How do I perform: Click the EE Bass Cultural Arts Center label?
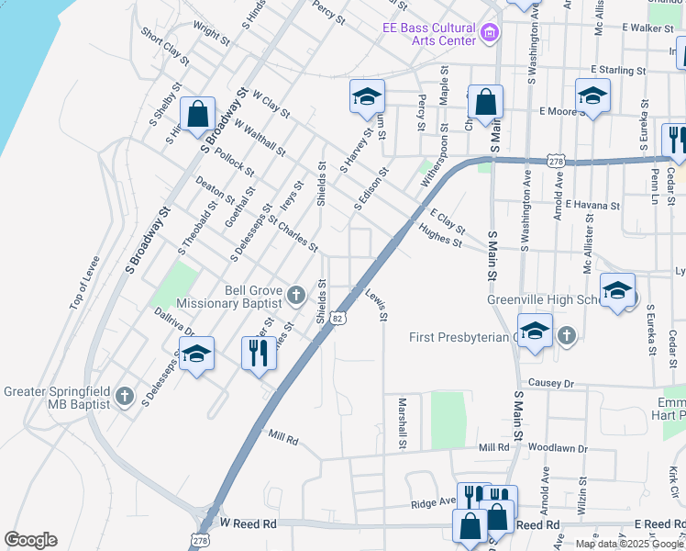429,34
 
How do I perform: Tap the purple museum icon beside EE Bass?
489,35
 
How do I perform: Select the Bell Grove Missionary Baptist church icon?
295,295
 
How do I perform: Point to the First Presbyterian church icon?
566,336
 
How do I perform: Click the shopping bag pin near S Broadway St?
197,116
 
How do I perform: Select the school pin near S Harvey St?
367,97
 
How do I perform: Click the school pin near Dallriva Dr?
196,354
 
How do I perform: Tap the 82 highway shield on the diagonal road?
338,318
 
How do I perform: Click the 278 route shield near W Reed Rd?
200,539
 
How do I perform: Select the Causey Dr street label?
549,383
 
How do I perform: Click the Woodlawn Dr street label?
550,448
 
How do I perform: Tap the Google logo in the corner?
30,540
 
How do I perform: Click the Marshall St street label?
402,422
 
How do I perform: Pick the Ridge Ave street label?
433,503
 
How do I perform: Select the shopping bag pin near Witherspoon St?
485,103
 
